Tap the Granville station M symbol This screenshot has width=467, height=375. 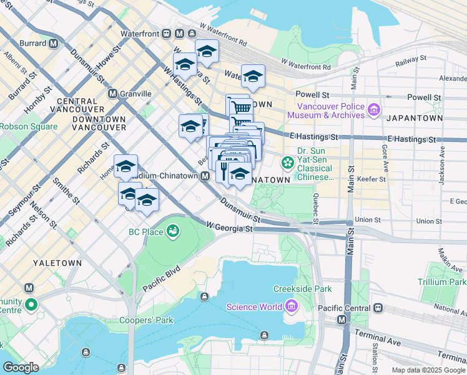pyautogui.click(x=112, y=93)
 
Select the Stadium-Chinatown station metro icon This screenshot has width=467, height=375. pyautogui.click(x=205, y=177)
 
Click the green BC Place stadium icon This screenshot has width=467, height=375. pyautogui.click(x=172, y=232)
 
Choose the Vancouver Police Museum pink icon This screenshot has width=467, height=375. pyautogui.click(x=374, y=111)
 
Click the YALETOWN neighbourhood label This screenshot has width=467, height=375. pyautogui.click(x=57, y=263)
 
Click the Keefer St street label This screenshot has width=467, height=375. pyautogui.click(x=371, y=179)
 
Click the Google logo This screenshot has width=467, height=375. pyautogui.click(x=21, y=367)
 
